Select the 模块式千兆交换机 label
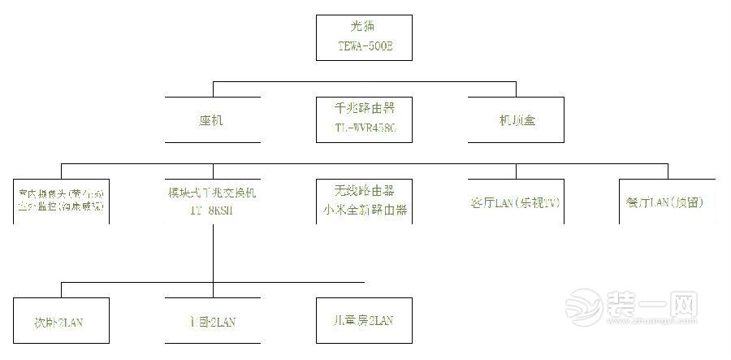click(213, 193)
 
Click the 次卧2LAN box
click(62, 323)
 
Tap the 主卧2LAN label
click(212, 323)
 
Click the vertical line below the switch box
click(213, 252)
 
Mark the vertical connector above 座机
click(213, 89)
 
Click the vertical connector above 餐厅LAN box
click(668, 170)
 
